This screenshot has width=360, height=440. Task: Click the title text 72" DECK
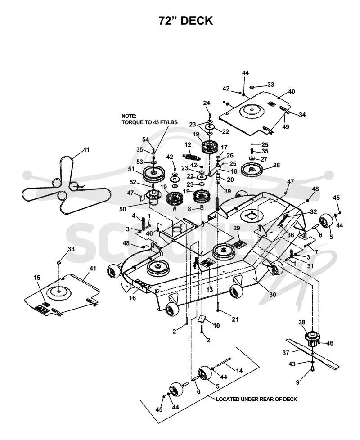pyautogui.click(x=186, y=21)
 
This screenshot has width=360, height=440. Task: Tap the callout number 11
pyautogui.click(x=86, y=149)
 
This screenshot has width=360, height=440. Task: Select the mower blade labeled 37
pyautogui.click(x=312, y=353)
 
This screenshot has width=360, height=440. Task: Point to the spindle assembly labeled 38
pyautogui.click(x=311, y=340)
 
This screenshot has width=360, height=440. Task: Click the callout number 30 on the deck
pyautogui.click(x=272, y=294)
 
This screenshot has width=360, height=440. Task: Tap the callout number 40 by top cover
pyautogui.click(x=292, y=91)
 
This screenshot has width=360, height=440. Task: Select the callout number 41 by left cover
pyautogui.click(x=93, y=269)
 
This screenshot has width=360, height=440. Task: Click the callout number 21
pyautogui.click(x=235, y=319)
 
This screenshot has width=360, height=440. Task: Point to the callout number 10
pyautogui.click(x=216, y=326)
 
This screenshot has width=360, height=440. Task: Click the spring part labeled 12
pyautogui.click(x=190, y=155)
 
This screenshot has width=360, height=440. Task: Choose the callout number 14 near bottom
pyautogui.click(x=239, y=371)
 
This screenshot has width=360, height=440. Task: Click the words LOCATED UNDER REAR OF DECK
pyautogui.click(x=256, y=399)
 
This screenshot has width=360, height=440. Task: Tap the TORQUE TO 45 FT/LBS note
pyautogui.click(x=149, y=122)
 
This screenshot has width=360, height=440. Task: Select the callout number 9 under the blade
pyautogui.click(x=298, y=382)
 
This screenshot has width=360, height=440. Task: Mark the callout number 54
pyautogui.click(x=145, y=139)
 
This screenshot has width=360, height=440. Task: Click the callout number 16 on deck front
pyautogui.click(x=132, y=298)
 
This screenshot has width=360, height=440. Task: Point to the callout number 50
pyautogui.click(x=122, y=209)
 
